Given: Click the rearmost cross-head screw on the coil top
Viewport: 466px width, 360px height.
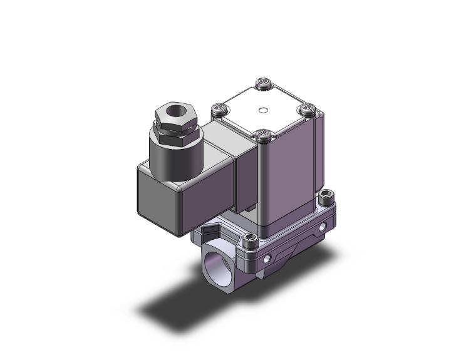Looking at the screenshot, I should point(264,82).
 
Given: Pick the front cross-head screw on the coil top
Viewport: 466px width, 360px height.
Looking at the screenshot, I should point(264,134).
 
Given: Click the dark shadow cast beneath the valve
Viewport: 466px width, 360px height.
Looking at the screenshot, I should point(182,307).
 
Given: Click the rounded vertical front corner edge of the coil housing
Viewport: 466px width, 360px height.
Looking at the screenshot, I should point(265,188).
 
